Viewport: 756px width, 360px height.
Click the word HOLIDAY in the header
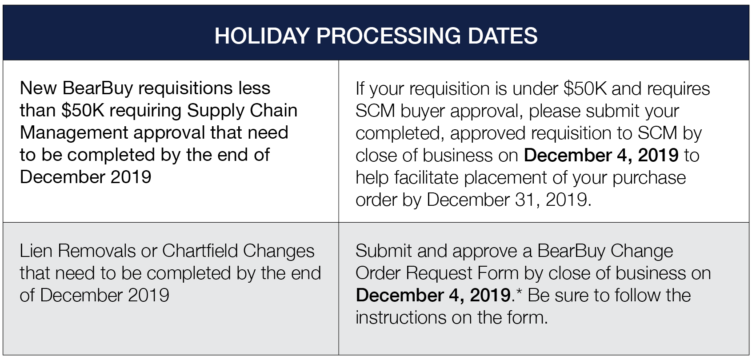pyautogui.click(x=262, y=36)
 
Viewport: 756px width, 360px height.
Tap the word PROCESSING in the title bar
pyautogui.click(x=388, y=36)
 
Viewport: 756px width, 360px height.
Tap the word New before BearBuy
pyautogui.click(x=38, y=88)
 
